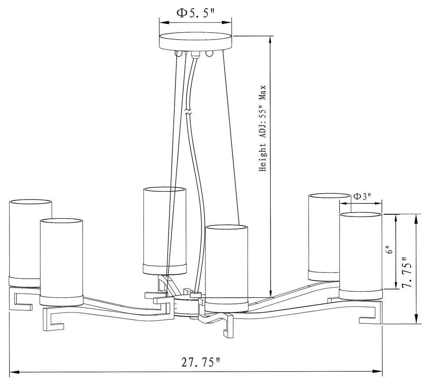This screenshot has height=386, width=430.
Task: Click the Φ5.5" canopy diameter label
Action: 195,13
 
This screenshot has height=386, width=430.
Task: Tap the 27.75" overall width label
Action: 201,362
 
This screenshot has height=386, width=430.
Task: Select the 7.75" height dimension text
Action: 407,272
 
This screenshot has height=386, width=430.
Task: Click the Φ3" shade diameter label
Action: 362,196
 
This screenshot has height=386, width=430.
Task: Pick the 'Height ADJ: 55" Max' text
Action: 263,128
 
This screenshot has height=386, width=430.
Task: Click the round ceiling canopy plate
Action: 196,42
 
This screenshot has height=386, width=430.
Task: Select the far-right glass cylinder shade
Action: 361,256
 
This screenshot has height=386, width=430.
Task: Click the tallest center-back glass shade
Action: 165,231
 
